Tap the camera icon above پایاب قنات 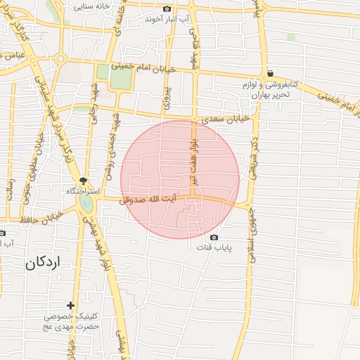214,238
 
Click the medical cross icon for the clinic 70,305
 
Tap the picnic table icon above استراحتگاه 84,181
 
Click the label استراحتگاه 83,191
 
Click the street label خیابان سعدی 226,120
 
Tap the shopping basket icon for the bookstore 271,73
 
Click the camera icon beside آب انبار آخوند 167,8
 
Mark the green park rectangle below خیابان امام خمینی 121,77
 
